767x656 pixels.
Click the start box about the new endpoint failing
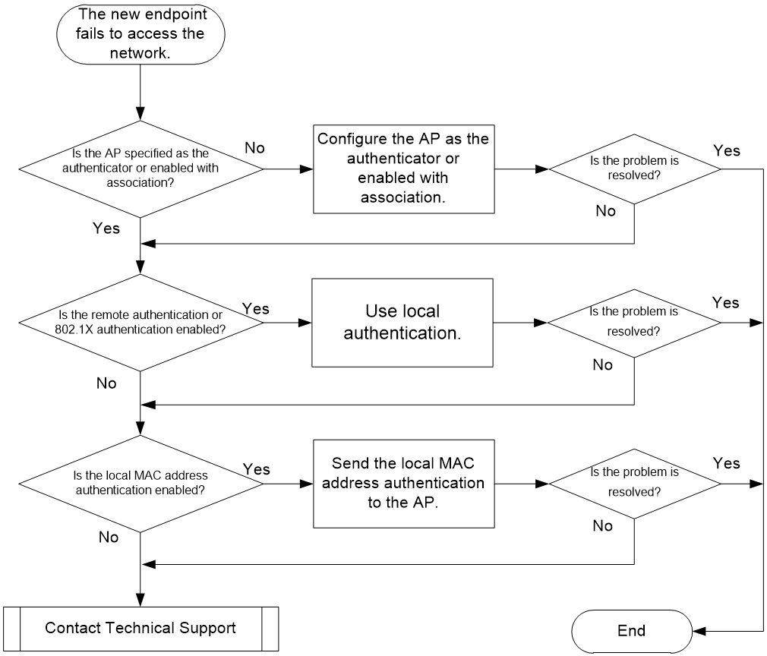click(140, 33)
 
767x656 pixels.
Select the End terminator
click(632, 630)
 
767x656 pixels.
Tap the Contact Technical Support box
click(141, 629)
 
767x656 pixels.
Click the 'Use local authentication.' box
click(402, 323)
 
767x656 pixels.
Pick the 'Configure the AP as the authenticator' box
click(403, 169)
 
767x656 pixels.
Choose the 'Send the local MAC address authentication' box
click(403, 484)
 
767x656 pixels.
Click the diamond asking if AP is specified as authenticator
click(140, 169)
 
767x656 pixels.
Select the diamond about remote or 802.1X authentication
click(140, 323)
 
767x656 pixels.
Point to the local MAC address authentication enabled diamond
click(140, 484)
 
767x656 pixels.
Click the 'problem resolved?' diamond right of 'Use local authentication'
click(634, 323)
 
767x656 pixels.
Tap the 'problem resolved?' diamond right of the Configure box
click(634, 169)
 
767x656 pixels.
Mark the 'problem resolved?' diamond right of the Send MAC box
click(634, 484)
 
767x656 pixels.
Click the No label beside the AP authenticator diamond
click(254, 148)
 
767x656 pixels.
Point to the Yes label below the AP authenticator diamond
click(106, 228)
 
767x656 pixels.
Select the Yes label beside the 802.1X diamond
click(256, 309)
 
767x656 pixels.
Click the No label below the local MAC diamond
click(108, 537)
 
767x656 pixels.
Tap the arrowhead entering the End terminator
click(699, 631)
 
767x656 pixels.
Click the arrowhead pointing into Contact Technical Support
click(140, 601)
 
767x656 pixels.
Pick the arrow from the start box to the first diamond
click(140, 92)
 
